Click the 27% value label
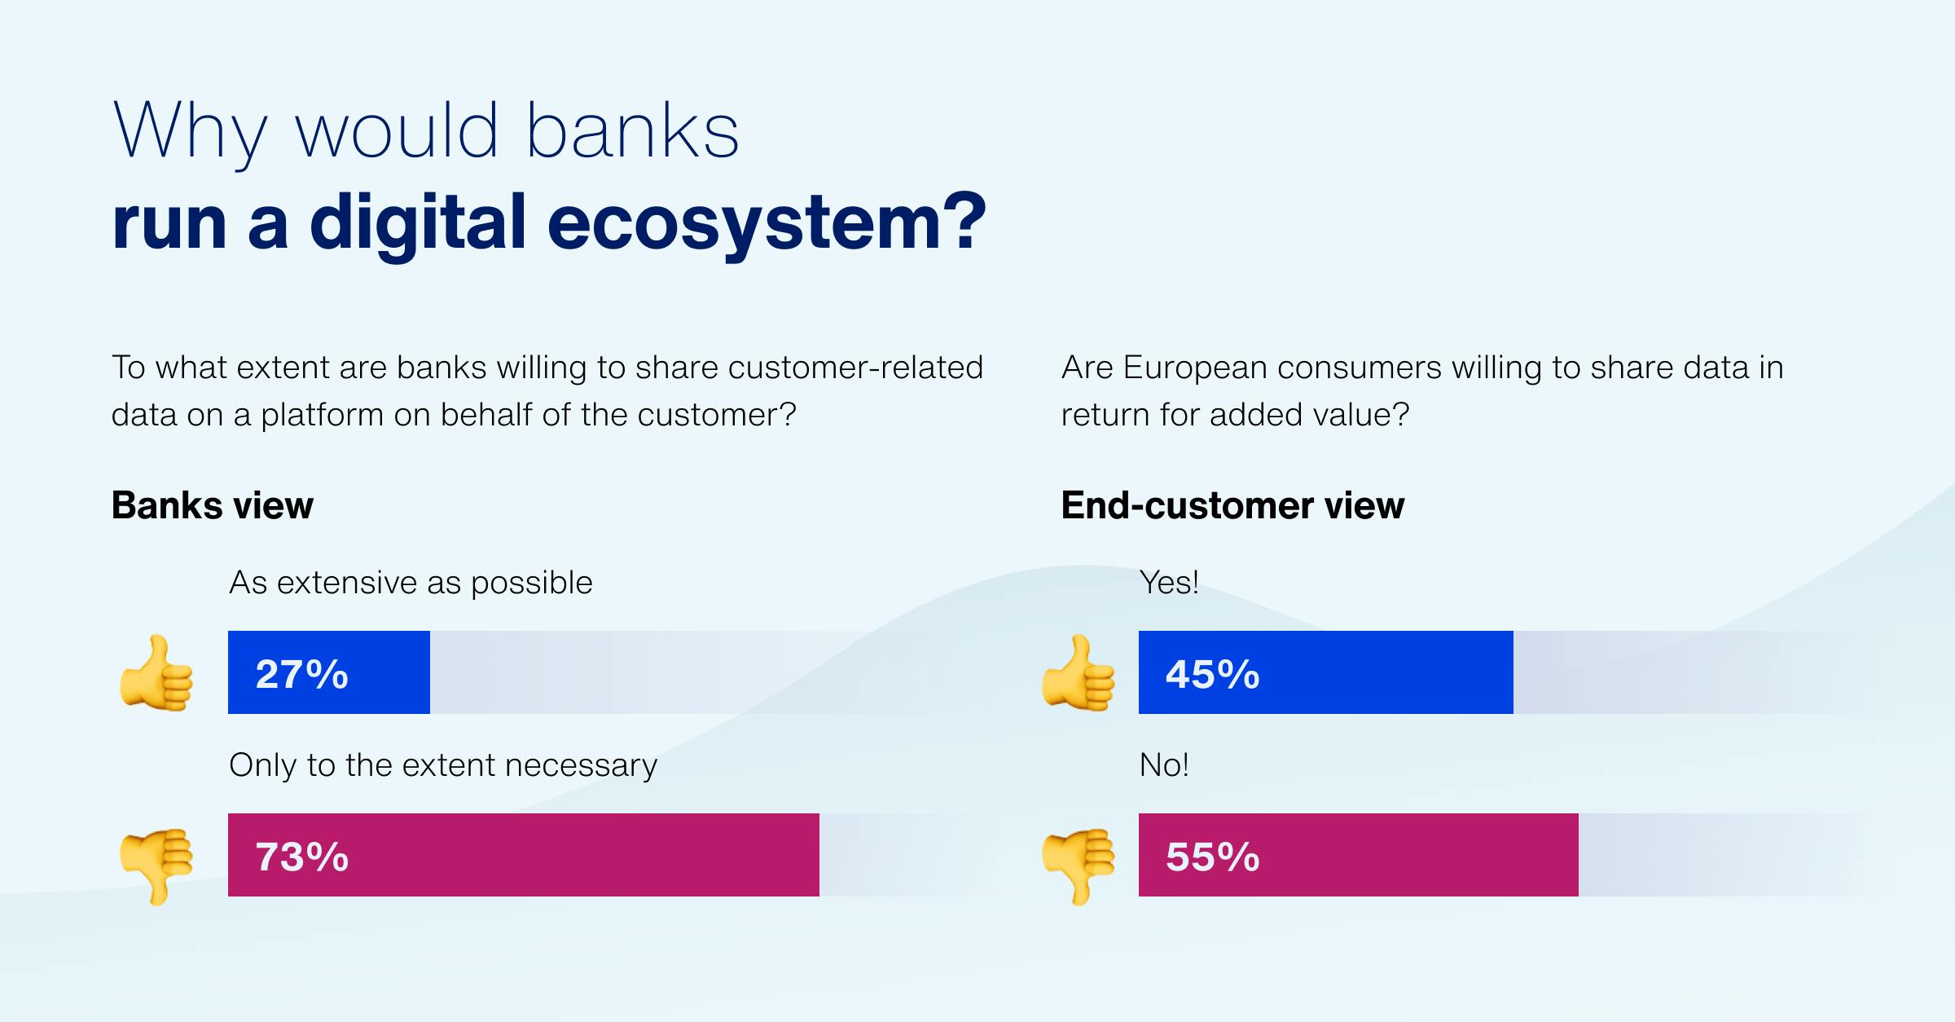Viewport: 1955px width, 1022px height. click(302, 675)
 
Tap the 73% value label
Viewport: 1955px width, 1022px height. click(302, 857)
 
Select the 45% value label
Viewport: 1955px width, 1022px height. click(1213, 675)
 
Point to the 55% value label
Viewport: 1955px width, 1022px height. click(1213, 857)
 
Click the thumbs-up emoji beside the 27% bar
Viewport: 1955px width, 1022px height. click(156, 673)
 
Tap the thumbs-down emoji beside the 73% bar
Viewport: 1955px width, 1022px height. click(156, 866)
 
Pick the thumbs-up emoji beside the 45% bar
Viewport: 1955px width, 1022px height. click(1079, 673)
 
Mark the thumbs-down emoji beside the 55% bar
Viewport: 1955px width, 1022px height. click(1079, 866)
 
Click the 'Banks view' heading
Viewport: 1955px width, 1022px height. click(213, 505)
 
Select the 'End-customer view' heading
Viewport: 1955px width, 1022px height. click(1232, 505)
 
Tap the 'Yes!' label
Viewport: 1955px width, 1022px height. click(1169, 583)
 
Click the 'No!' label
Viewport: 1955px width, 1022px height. click(1164, 765)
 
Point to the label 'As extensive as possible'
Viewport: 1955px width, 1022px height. click(411, 584)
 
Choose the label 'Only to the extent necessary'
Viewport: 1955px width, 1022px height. click(443, 766)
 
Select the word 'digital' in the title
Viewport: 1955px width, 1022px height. click(418, 222)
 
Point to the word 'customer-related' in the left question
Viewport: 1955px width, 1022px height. click(855, 368)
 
